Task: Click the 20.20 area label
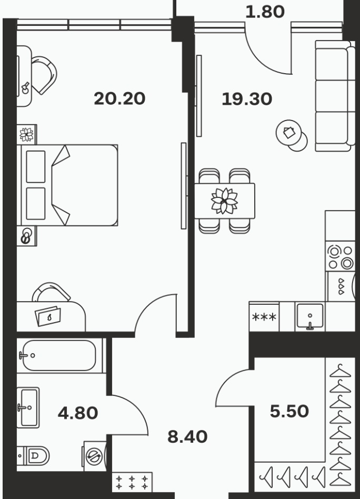(x=119, y=98)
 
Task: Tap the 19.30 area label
(x=247, y=98)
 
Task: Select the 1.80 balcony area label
(x=265, y=12)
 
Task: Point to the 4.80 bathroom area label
(x=78, y=413)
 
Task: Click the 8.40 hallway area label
(x=187, y=437)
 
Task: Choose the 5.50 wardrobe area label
(x=289, y=411)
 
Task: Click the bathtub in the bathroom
(x=60, y=355)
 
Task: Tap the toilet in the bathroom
(x=33, y=455)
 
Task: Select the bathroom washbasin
(x=28, y=407)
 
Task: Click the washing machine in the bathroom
(x=95, y=456)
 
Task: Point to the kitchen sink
(x=310, y=316)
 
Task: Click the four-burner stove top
(x=341, y=256)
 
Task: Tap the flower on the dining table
(x=224, y=201)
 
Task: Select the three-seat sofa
(x=335, y=96)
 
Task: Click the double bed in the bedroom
(x=69, y=185)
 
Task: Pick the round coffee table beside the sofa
(x=291, y=135)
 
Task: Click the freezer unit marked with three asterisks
(x=264, y=317)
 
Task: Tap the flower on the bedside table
(x=27, y=134)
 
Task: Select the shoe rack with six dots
(x=132, y=482)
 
